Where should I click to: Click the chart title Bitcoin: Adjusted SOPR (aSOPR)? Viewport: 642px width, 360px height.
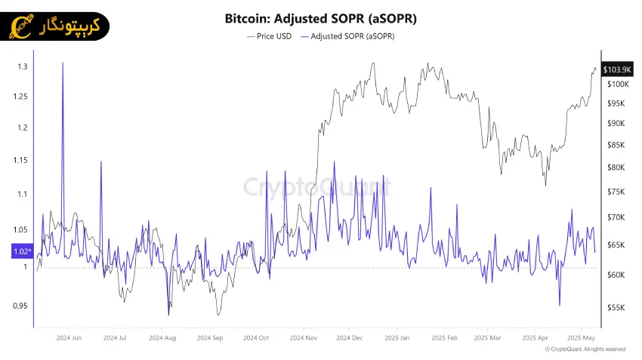click(x=321, y=17)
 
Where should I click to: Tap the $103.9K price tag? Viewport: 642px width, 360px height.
click(x=613, y=69)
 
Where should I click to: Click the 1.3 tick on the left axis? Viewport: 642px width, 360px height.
click(x=23, y=67)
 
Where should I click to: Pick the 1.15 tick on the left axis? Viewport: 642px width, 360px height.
click(x=20, y=160)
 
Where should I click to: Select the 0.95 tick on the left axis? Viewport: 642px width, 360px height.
click(x=20, y=306)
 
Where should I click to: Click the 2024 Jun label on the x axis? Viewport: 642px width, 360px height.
click(x=69, y=338)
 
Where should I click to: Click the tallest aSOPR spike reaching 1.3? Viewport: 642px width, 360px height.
click(x=63, y=65)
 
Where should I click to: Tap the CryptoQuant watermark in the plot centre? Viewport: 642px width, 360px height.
click(x=317, y=186)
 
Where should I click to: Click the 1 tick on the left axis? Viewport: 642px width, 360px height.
click(x=24, y=266)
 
